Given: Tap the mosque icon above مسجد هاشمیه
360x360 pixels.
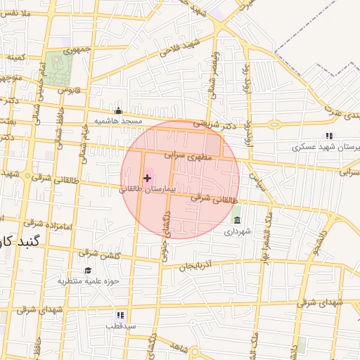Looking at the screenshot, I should coord(118,110).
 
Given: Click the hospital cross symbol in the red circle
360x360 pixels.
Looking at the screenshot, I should coord(147,179).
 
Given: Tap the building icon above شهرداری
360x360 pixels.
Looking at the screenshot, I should coord(236,221).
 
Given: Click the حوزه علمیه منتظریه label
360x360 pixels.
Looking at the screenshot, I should coord(89,281).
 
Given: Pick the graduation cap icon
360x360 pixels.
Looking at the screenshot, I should coord(88,270).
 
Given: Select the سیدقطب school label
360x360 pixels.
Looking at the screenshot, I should coord(120,326).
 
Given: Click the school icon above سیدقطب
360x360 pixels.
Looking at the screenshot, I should coord(120,315).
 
